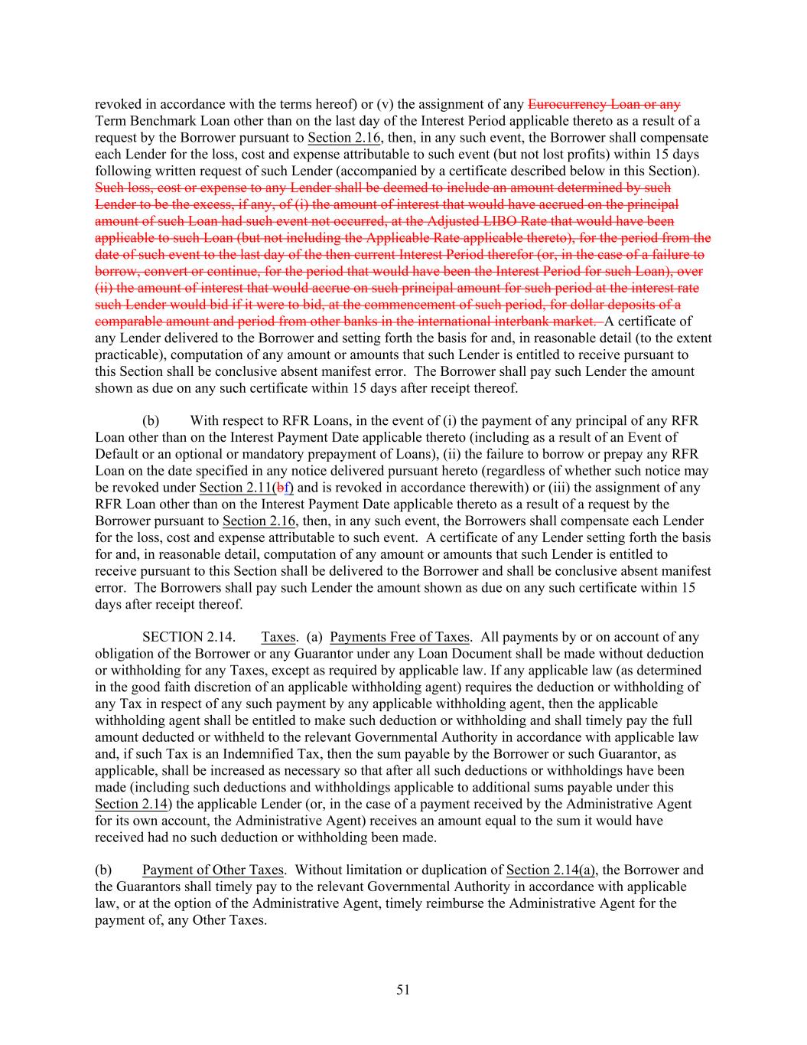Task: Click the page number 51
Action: (x=403, y=990)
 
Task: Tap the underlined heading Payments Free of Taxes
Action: (x=399, y=637)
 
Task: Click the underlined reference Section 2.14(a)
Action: (x=551, y=870)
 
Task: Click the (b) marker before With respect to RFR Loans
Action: (x=151, y=421)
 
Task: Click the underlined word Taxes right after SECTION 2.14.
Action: (x=278, y=637)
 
